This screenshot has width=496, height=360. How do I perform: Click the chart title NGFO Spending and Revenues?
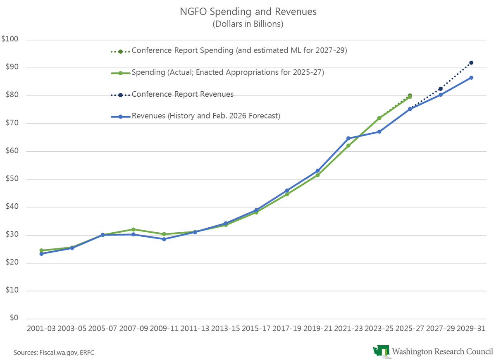point(248,12)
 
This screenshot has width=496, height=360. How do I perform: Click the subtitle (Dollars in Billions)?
point(248,24)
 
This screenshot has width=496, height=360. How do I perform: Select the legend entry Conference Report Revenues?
point(182,94)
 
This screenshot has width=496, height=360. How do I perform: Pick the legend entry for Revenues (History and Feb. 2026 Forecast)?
point(205,116)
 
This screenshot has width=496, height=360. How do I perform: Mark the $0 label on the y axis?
point(15,319)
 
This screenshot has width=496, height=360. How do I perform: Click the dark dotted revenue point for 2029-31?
point(471,63)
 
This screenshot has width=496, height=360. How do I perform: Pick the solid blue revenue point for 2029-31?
point(471,78)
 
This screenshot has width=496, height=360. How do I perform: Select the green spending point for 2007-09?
point(133,229)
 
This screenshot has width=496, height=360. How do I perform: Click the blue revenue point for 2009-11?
point(164,239)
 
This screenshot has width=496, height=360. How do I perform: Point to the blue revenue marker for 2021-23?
point(348,138)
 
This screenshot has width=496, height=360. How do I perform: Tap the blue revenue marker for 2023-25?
point(379,132)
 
